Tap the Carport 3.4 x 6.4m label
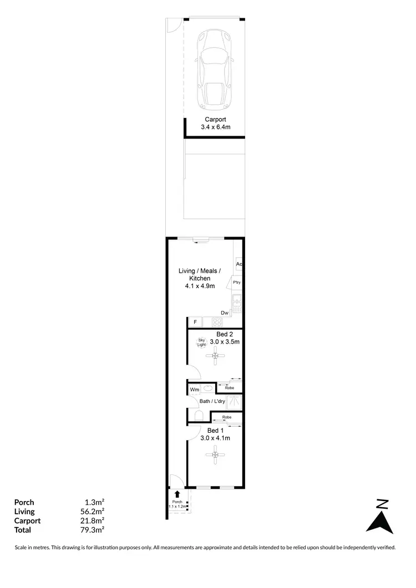click(x=215, y=123)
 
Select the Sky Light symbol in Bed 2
click(x=201, y=342)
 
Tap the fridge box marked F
click(x=195, y=322)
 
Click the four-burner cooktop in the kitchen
click(x=215, y=322)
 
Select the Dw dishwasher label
click(x=225, y=313)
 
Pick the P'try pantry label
click(x=237, y=283)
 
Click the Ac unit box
click(x=239, y=264)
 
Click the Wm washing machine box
click(x=194, y=390)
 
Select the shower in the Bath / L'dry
click(x=235, y=401)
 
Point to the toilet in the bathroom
click(x=200, y=416)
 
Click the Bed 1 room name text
click(x=215, y=431)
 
